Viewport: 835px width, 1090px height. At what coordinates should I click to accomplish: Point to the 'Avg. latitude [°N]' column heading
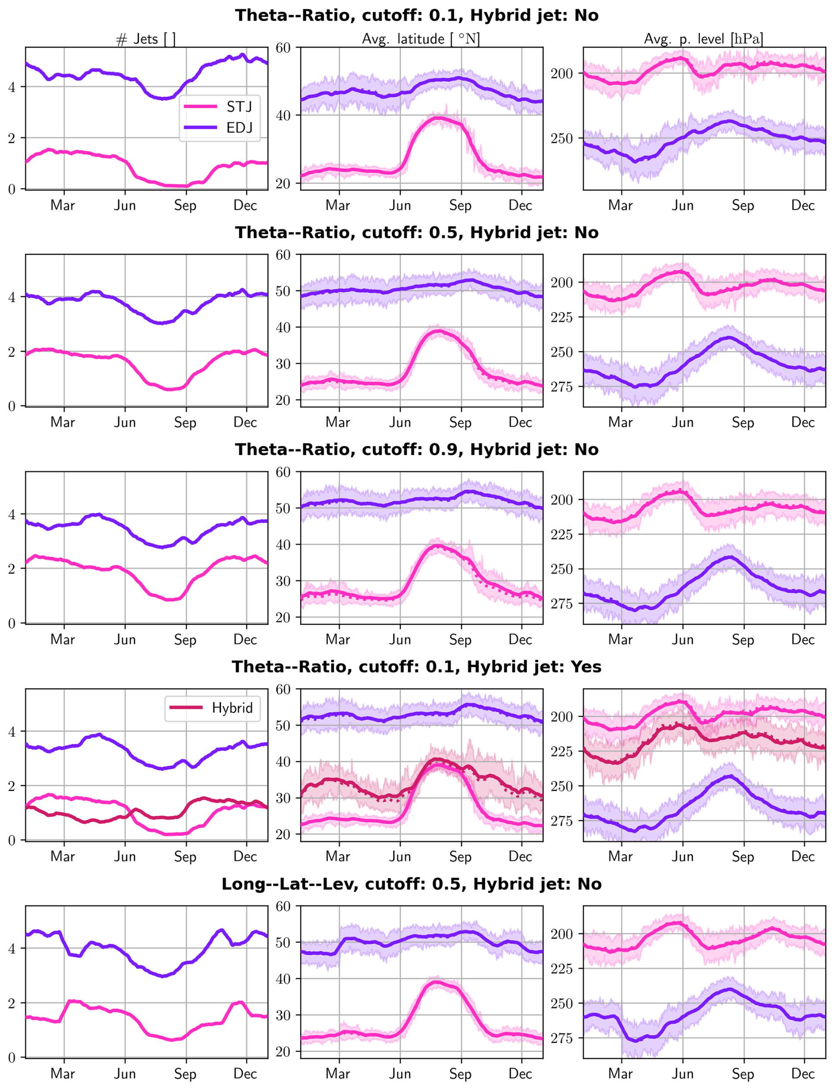tap(421, 39)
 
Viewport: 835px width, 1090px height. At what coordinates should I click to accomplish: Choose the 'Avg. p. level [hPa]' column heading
tap(703, 39)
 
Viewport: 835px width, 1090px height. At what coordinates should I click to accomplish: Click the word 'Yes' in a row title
tap(586, 667)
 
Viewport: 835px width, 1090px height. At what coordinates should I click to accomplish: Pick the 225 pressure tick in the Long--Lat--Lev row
tap(562, 969)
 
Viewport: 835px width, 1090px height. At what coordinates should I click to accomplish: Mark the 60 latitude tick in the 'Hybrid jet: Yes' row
tap(283, 690)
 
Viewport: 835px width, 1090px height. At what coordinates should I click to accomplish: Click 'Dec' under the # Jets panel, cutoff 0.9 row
tap(245, 640)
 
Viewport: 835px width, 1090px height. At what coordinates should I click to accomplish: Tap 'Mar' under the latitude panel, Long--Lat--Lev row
tap(338, 1074)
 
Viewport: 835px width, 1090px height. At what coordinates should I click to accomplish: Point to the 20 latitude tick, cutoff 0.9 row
tap(283, 618)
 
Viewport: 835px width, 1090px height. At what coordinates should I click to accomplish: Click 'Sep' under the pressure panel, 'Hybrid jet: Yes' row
tap(743, 857)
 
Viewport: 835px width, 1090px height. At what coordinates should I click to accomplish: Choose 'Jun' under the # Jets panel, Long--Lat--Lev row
tap(125, 1074)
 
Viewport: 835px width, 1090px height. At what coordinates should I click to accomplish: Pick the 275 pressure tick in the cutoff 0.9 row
tap(562, 603)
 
